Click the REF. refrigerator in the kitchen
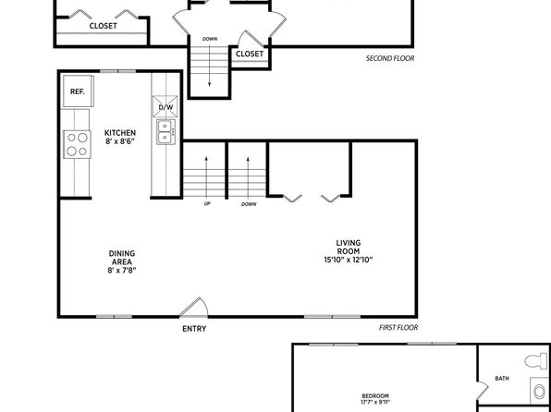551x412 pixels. tap(79, 91)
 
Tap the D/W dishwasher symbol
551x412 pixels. tap(165, 106)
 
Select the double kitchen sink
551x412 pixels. tap(165, 132)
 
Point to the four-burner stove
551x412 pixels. tap(78, 144)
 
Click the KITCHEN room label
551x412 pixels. tap(120, 133)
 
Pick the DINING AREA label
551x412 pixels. tap(122, 258)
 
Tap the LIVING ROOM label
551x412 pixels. tap(349, 247)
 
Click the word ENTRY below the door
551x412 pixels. tap(194, 329)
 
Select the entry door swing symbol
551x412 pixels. tap(194, 308)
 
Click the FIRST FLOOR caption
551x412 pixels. tap(398, 328)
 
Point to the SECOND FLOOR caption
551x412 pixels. tap(390, 58)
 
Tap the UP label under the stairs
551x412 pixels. tap(207, 204)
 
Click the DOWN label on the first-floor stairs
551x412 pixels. tap(249, 204)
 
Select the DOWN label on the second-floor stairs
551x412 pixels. tap(210, 39)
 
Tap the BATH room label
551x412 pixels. tap(502, 378)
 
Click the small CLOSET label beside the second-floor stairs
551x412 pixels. tap(250, 54)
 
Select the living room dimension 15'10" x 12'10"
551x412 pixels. tap(349, 261)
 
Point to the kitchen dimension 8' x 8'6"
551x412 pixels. tap(120, 142)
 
